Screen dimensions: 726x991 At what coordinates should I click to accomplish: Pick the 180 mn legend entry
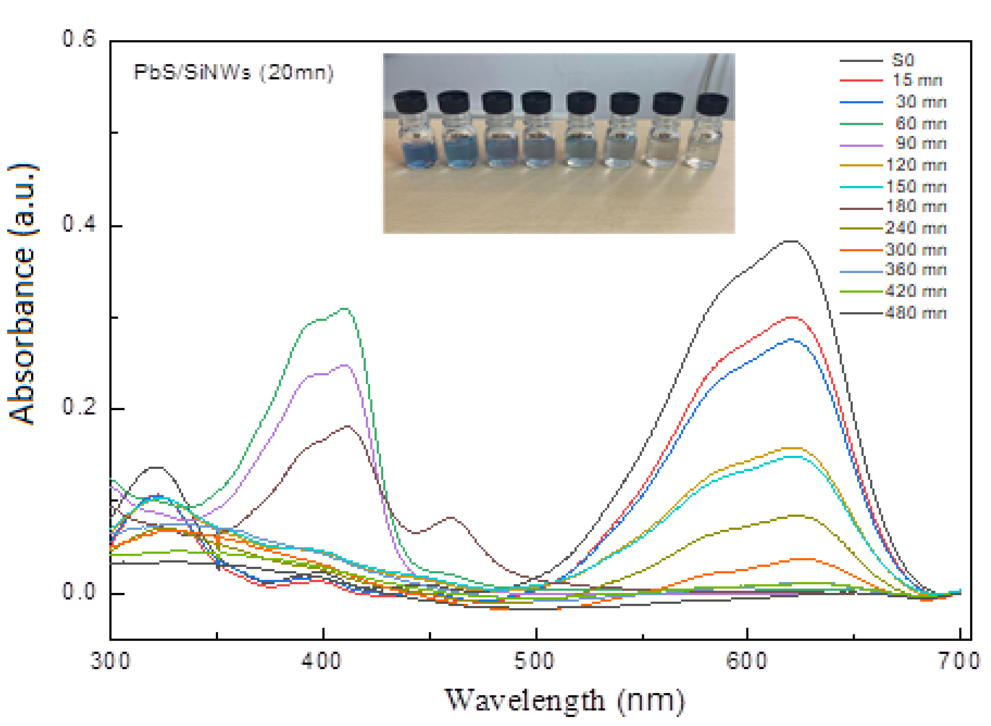click(915, 206)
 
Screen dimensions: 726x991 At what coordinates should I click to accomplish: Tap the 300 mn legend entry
click(915, 250)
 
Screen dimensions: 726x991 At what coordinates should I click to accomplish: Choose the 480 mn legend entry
click(915, 313)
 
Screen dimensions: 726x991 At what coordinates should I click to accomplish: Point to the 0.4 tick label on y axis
click(79, 224)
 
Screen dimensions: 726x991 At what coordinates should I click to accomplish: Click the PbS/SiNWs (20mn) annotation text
click(233, 72)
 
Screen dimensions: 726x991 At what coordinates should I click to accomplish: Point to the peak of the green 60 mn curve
click(345, 308)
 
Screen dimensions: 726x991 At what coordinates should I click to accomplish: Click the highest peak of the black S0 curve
click(791, 241)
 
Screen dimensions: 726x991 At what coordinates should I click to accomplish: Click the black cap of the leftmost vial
click(410, 102)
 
